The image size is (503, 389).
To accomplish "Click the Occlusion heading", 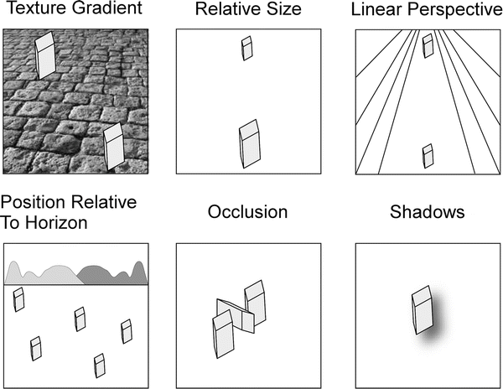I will pos(247,212).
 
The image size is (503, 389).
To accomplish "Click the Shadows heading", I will pos(427,212).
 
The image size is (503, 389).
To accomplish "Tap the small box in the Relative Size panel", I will pos(246,49).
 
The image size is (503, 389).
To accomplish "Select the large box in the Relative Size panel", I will pos(250,142).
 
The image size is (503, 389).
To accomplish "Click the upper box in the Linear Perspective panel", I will pos(428,46).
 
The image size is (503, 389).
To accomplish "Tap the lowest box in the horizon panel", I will pos(99,365).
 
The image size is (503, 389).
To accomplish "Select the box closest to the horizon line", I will pos(18,299).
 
